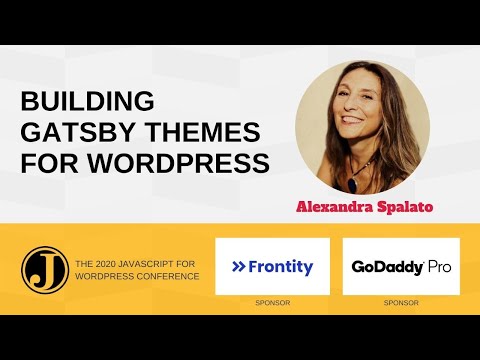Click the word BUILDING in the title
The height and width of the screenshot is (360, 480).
click(x=88, y=102)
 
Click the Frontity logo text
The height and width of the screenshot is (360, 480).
click(x=281, y=267)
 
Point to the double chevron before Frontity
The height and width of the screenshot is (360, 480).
click(x=239, y=267)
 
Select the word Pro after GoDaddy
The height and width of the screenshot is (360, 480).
click(x=441, y=268)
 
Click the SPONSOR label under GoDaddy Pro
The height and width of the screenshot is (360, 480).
click(x=401, y=300)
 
